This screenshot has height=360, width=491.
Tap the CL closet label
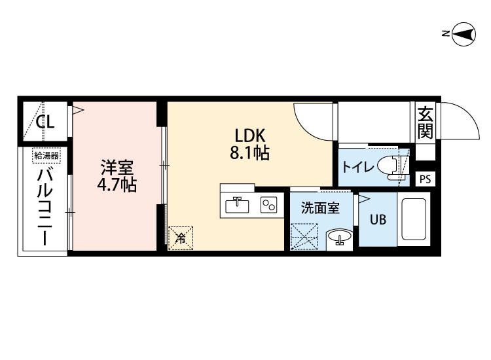point(45,122)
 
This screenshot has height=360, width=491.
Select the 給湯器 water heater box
point(46,156)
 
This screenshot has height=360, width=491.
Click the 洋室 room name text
point(117,168)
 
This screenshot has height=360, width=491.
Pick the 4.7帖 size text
point(117,185)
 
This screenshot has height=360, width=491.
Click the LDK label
point(250,136)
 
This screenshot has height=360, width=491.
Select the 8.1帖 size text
point(250,153)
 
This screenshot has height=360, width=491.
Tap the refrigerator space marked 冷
point(181,238)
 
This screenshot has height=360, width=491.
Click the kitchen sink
point(238,205)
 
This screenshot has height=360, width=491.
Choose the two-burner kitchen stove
point(268,205)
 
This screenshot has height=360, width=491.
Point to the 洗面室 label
point(320,208)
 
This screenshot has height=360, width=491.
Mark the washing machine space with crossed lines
point(304,237)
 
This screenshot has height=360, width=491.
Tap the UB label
point(378,220)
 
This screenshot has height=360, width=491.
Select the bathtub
point(413,219)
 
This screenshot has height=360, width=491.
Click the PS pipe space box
point(425,179)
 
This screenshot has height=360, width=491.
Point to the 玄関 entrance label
point(426,122)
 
